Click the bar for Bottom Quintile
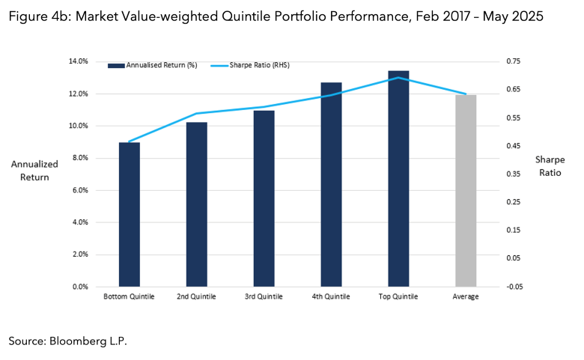pyautogui.click(x=129, y=214)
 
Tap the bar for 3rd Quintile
pyautogui.click(x=264, y=198)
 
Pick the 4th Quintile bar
pyautogui.click(x=331, y=184)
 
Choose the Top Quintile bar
pyautogui.click(x=398, y=179)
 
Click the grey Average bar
pyautogui.click(x=466, y=191)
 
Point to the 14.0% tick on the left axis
pyautogui.click(x=78, y=61)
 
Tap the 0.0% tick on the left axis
pyautogui.click(x=79, y=287)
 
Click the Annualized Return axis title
pyautogui.click(x=29, y=171)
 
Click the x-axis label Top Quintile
pyautogui.click(x=398, y=297)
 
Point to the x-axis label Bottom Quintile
pyautogui.click(x=129, y=297)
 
